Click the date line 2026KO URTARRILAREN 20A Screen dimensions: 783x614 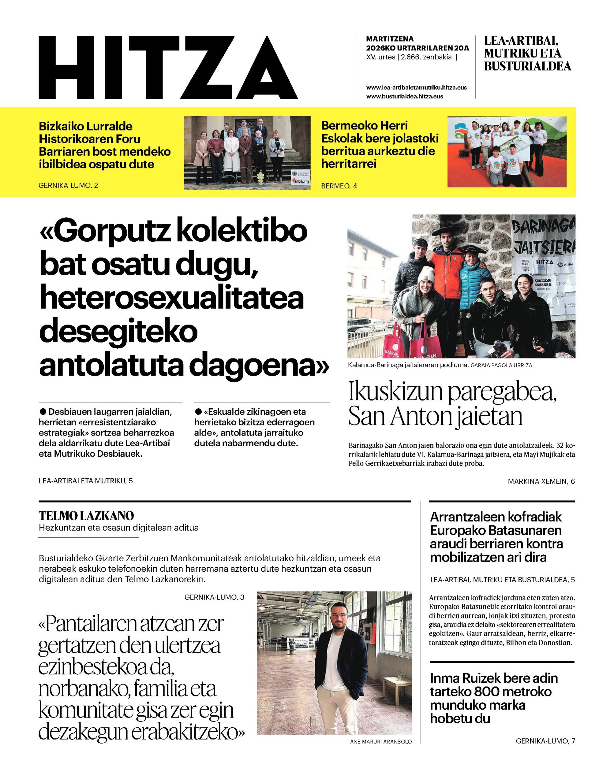417,48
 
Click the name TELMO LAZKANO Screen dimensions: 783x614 86,516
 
